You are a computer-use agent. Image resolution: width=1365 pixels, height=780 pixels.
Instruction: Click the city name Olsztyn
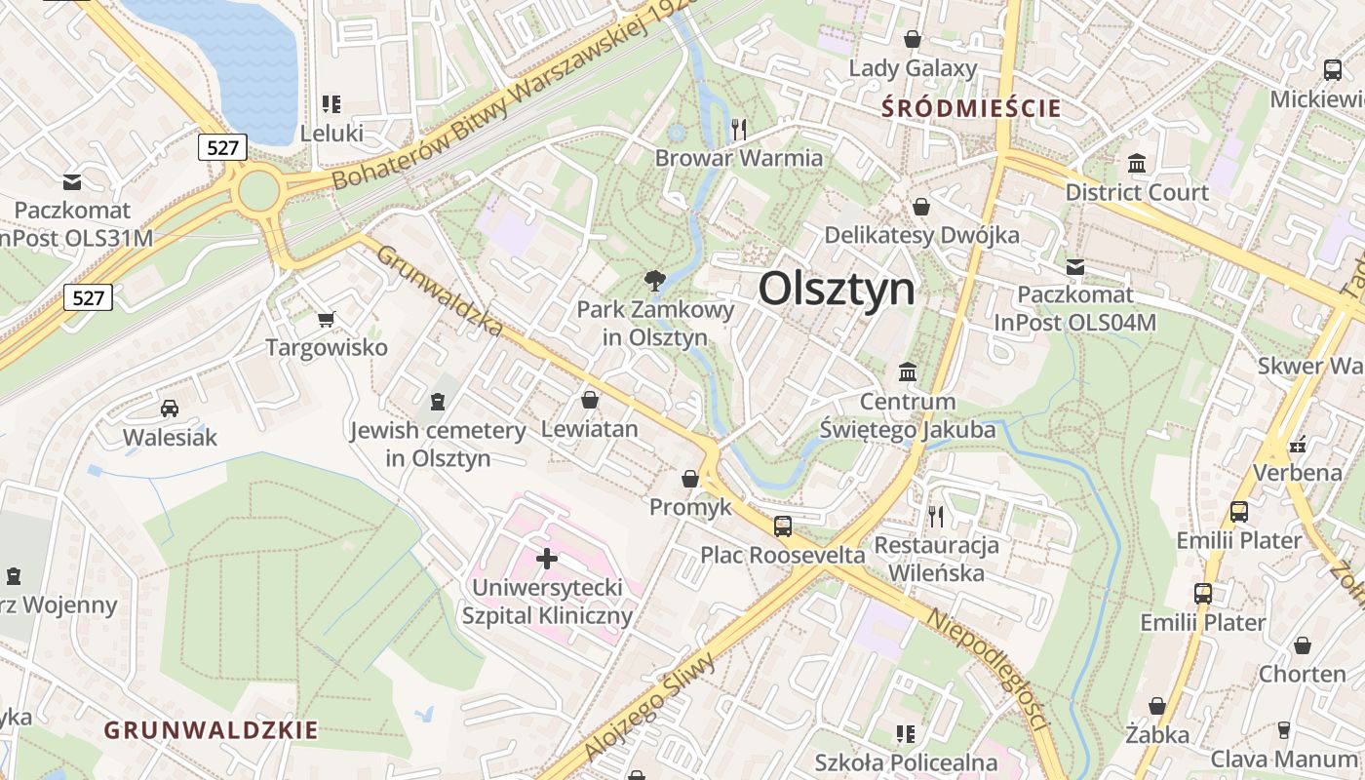pos(837,290)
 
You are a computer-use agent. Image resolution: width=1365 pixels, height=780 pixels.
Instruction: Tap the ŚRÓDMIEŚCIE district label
pos(971,108)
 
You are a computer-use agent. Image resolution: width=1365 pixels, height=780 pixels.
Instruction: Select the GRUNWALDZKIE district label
pos(211,730)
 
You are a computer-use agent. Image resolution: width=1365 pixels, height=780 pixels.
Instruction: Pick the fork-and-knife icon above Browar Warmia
pos(739,129)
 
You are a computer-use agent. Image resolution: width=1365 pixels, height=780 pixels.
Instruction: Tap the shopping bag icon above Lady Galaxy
pos(913,39)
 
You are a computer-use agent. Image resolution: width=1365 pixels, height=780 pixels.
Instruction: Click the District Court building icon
pos(1136,164)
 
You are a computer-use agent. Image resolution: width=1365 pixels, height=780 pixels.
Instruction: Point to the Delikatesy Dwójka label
pos(921,235)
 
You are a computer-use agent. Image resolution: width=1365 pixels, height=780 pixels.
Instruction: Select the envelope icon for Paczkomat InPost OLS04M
pos(1075,266)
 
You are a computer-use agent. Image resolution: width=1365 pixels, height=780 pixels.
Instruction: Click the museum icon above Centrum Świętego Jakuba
pos(908,372)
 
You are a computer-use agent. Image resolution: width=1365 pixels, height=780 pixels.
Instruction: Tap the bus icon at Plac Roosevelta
pos(783,526)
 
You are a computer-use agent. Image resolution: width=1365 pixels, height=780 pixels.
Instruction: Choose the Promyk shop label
pos(690,507)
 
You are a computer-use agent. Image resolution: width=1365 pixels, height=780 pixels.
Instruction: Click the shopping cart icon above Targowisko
pos(327,319)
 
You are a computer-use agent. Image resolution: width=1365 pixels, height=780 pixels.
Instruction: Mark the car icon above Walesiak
pos(170,409)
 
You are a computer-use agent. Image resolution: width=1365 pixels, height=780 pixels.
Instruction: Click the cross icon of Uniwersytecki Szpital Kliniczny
pos(547,559)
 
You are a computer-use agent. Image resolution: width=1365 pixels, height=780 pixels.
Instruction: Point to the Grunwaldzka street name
pos(440,290)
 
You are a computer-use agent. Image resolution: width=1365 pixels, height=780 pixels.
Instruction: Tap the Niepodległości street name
pos(987,672)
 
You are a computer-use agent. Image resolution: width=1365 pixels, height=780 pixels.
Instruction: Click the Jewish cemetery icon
pos(438,401)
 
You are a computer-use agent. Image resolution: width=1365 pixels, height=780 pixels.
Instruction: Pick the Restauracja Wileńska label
pos(937,559)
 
